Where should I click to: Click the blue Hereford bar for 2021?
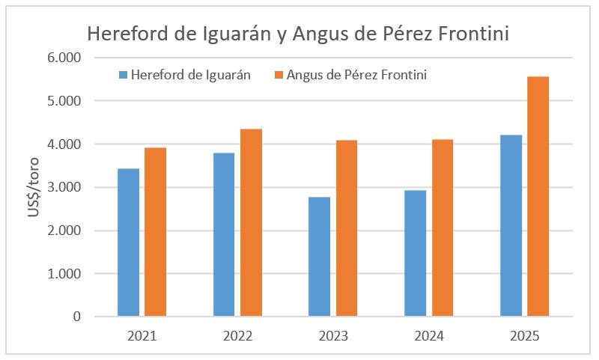129,242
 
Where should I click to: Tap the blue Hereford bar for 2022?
224,234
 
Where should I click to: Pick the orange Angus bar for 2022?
251,222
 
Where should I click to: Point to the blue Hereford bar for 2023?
320,257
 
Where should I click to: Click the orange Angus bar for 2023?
347,228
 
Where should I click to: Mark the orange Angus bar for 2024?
442,228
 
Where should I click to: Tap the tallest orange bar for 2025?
538,196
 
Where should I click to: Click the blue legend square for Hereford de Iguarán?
124,75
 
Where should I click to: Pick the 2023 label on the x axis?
333,336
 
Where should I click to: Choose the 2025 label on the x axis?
524,336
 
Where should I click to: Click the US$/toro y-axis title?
34,187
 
